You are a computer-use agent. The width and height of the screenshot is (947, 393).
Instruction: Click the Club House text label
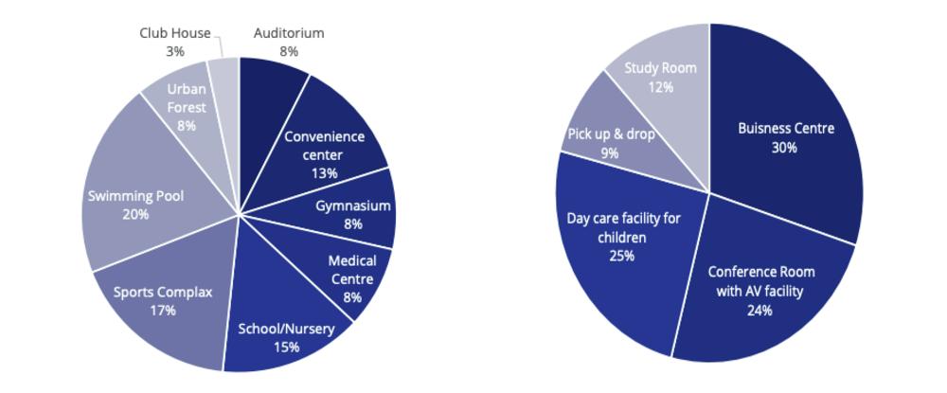(175, 33)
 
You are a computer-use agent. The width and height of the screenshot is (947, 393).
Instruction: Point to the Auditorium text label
(289, 33)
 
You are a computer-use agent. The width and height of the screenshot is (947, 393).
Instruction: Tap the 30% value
(785, 148)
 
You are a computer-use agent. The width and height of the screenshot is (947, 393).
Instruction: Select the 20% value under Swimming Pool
(135, 215)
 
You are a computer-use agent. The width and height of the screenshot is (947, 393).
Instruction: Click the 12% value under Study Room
(660, 87)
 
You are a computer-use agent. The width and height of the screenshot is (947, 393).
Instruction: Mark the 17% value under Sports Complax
(163, 311)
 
